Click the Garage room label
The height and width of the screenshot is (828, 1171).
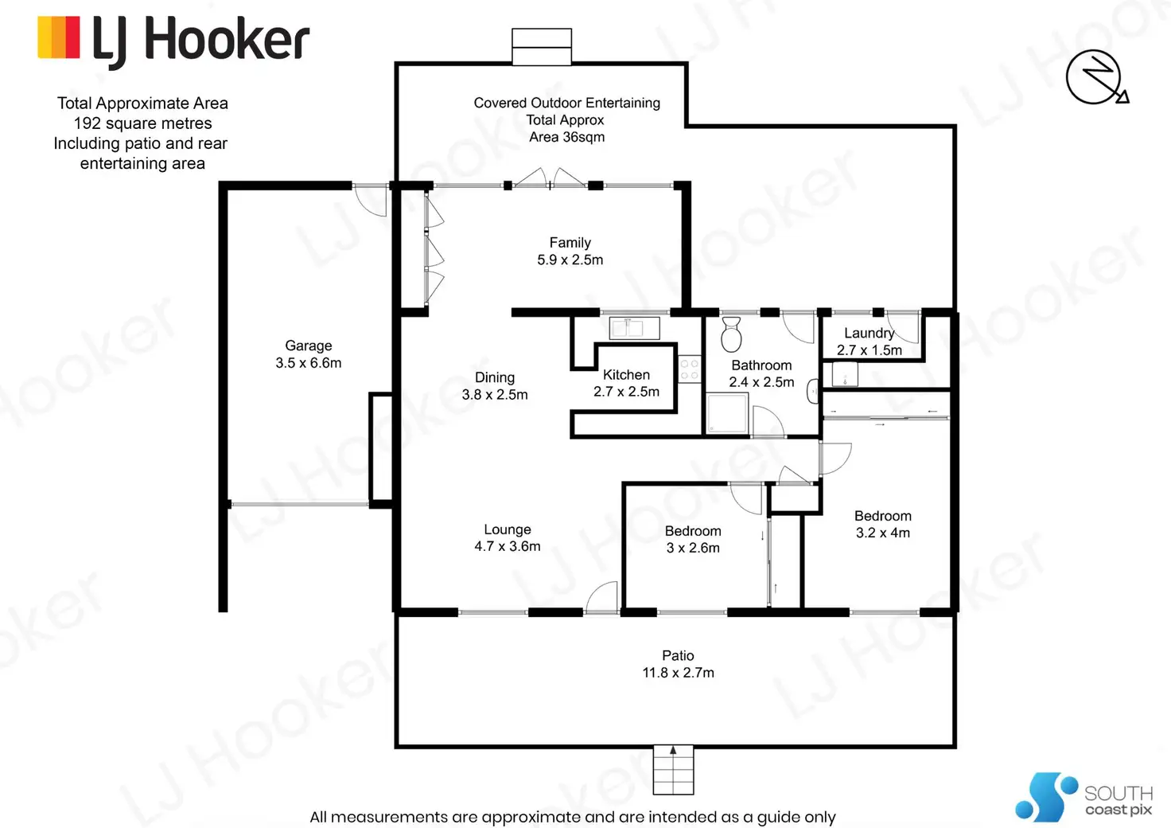point(309,346)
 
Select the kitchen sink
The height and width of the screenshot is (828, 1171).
point(634,327)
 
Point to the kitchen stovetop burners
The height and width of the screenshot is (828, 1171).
point(689,369)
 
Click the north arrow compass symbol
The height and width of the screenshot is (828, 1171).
point(1096,78)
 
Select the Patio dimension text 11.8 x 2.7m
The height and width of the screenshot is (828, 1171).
point(678,673)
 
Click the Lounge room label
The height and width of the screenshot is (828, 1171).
point(508,529)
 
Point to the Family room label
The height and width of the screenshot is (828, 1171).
point(570,243)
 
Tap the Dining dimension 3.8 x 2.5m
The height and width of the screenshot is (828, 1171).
point(495,394)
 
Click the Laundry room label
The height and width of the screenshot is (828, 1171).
point(869,333)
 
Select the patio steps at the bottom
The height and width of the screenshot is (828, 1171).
point(673,770)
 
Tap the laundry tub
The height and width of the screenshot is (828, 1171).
point(844,373)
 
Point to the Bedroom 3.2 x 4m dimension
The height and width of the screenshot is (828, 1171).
point(883,533)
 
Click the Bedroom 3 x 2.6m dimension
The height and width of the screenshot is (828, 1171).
point(693,548)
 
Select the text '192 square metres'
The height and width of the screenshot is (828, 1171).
point(142,123)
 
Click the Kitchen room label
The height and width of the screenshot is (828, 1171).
point(626,374)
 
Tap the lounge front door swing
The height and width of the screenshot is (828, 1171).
point(602,597)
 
